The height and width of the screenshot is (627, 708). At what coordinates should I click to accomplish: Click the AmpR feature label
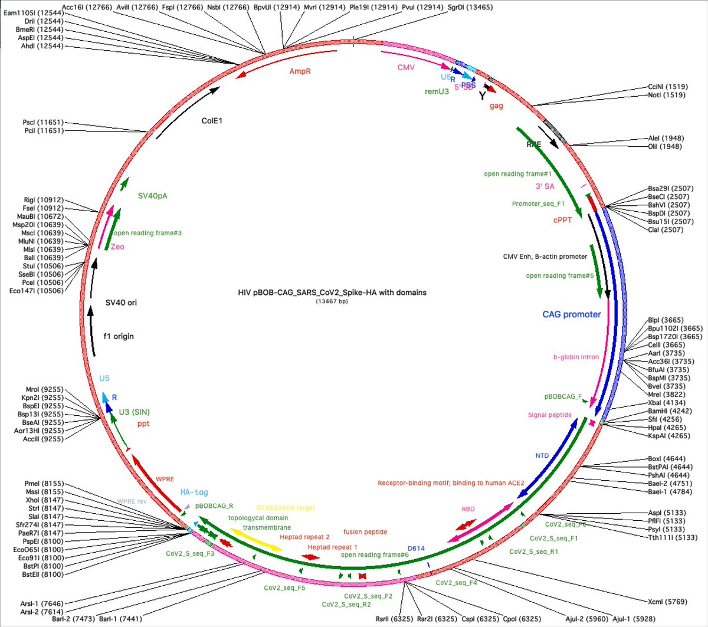[x=300, y=71]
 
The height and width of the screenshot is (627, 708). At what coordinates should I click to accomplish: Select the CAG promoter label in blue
[x=571, y=314]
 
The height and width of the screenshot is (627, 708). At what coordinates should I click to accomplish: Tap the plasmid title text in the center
[x=332, y=293]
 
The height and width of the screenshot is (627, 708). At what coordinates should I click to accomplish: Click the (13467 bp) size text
[x=332, y=301]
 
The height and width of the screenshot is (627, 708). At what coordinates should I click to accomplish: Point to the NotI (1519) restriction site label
[x=667, y=95]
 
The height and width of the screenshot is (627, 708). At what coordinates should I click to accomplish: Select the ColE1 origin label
[x=212, y=121]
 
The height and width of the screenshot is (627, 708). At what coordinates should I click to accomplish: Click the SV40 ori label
[x=121, y=303]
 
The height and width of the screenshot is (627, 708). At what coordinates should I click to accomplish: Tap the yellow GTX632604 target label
[x=286, y=508]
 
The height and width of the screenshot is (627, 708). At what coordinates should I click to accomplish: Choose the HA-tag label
[x=194, y=492]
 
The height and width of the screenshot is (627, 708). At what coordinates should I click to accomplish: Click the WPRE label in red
[x=165, y=480]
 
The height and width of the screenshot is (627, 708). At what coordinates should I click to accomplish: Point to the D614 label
[x=416, y=549]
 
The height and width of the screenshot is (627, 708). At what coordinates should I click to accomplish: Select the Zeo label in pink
[x=117, y=247]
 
